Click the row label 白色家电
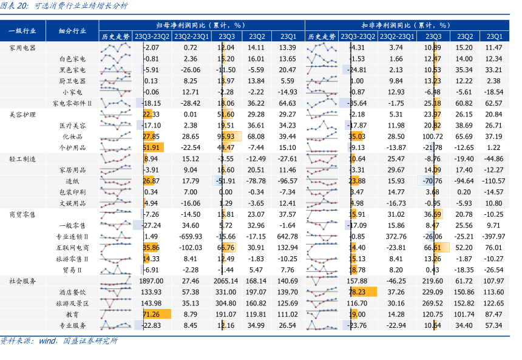(x=72, y=59)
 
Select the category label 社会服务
(x=23, y=281)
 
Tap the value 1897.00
(x=151, y=281)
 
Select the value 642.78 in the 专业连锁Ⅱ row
(x=287, y=236)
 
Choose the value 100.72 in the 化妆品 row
(x=432, y=137)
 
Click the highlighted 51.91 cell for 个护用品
(x=151, y=148)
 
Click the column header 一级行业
(x=22, y=31)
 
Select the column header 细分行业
(x=72, y=31)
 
